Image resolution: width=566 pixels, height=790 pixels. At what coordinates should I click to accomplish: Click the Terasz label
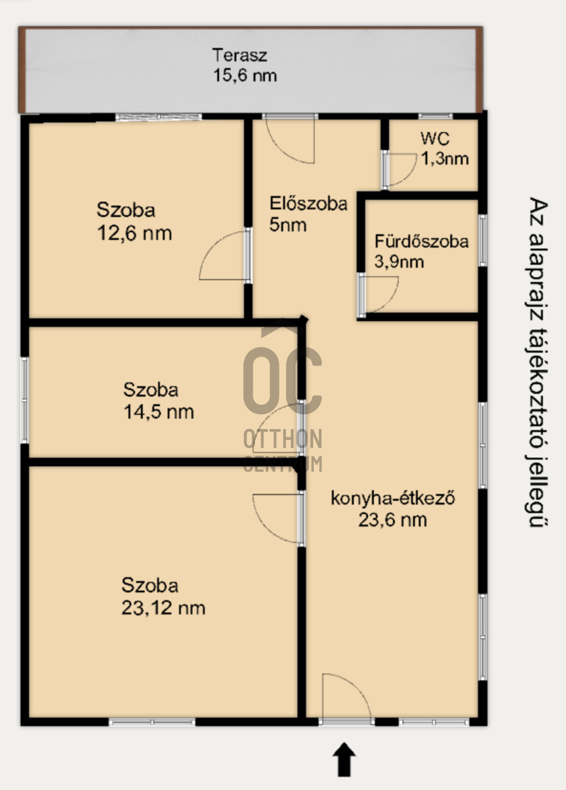[239, 55]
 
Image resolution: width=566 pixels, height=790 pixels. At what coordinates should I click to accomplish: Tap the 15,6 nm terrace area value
[245, 76]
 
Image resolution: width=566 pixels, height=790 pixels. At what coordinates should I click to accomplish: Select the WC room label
[435, 139]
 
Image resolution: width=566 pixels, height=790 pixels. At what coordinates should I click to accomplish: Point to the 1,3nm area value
[445, 159]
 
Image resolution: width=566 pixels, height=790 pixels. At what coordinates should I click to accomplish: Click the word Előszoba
[309, 204]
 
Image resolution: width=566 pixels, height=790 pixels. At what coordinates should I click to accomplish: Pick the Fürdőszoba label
[421, 242]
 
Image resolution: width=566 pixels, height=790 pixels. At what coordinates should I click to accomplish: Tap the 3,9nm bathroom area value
[399, 262]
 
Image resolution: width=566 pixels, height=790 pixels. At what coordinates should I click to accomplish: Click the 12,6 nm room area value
[134, 233]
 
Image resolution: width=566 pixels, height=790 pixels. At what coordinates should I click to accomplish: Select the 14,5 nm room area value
[159, 412]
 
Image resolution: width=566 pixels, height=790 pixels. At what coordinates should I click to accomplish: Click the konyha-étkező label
[392, 498]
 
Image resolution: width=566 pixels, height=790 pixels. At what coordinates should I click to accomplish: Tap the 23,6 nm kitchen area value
[392, 520]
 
